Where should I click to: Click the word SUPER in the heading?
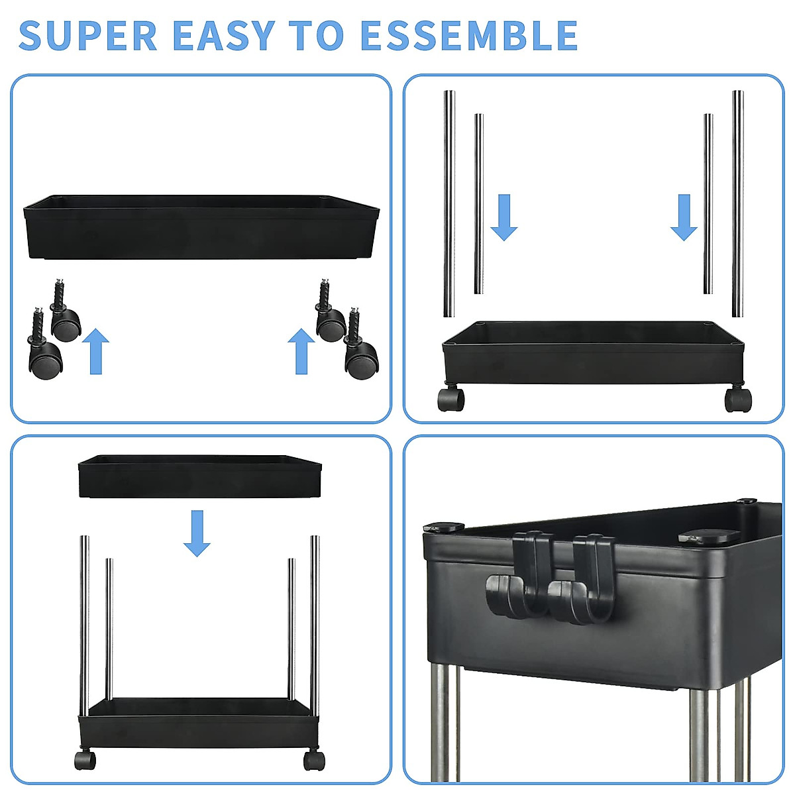pos(88,36)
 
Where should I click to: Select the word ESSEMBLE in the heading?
pos(468,36)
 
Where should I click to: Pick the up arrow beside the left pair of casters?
pos(96,351)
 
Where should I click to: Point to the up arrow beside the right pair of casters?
pos(301,351)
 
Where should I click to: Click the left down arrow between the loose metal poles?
pos(504,217)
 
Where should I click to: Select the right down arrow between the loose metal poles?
pos(684,217)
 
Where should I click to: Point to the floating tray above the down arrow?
pos(199,476)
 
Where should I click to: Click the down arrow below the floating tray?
pos(197,533)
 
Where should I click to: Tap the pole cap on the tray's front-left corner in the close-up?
pos(444,528)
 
